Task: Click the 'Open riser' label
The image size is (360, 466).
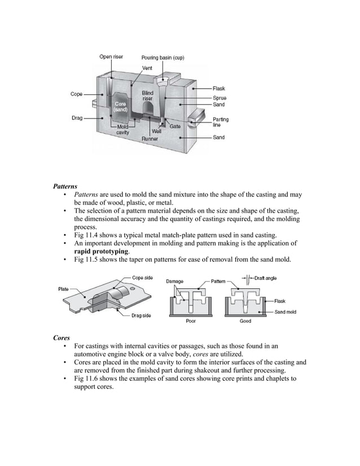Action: tap(111, 56)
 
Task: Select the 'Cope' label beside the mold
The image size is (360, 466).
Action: tap(77, 94)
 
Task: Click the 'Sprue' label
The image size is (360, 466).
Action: tap(219, 97)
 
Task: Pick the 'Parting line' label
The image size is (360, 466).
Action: tap(221, 122)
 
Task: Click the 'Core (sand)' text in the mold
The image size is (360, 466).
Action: tap(120, 107)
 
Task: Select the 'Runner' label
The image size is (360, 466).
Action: tap(150, 138)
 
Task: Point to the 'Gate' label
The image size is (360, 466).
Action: tap(175, 127)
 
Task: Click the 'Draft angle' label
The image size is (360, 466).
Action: tap(266, 278)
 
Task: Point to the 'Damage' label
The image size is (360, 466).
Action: tap(176, 280)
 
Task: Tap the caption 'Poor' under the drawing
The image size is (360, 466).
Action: tap(191, 321)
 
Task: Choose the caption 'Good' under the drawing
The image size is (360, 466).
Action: tap(245, 321)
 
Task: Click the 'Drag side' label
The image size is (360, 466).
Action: tap(141, 315)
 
